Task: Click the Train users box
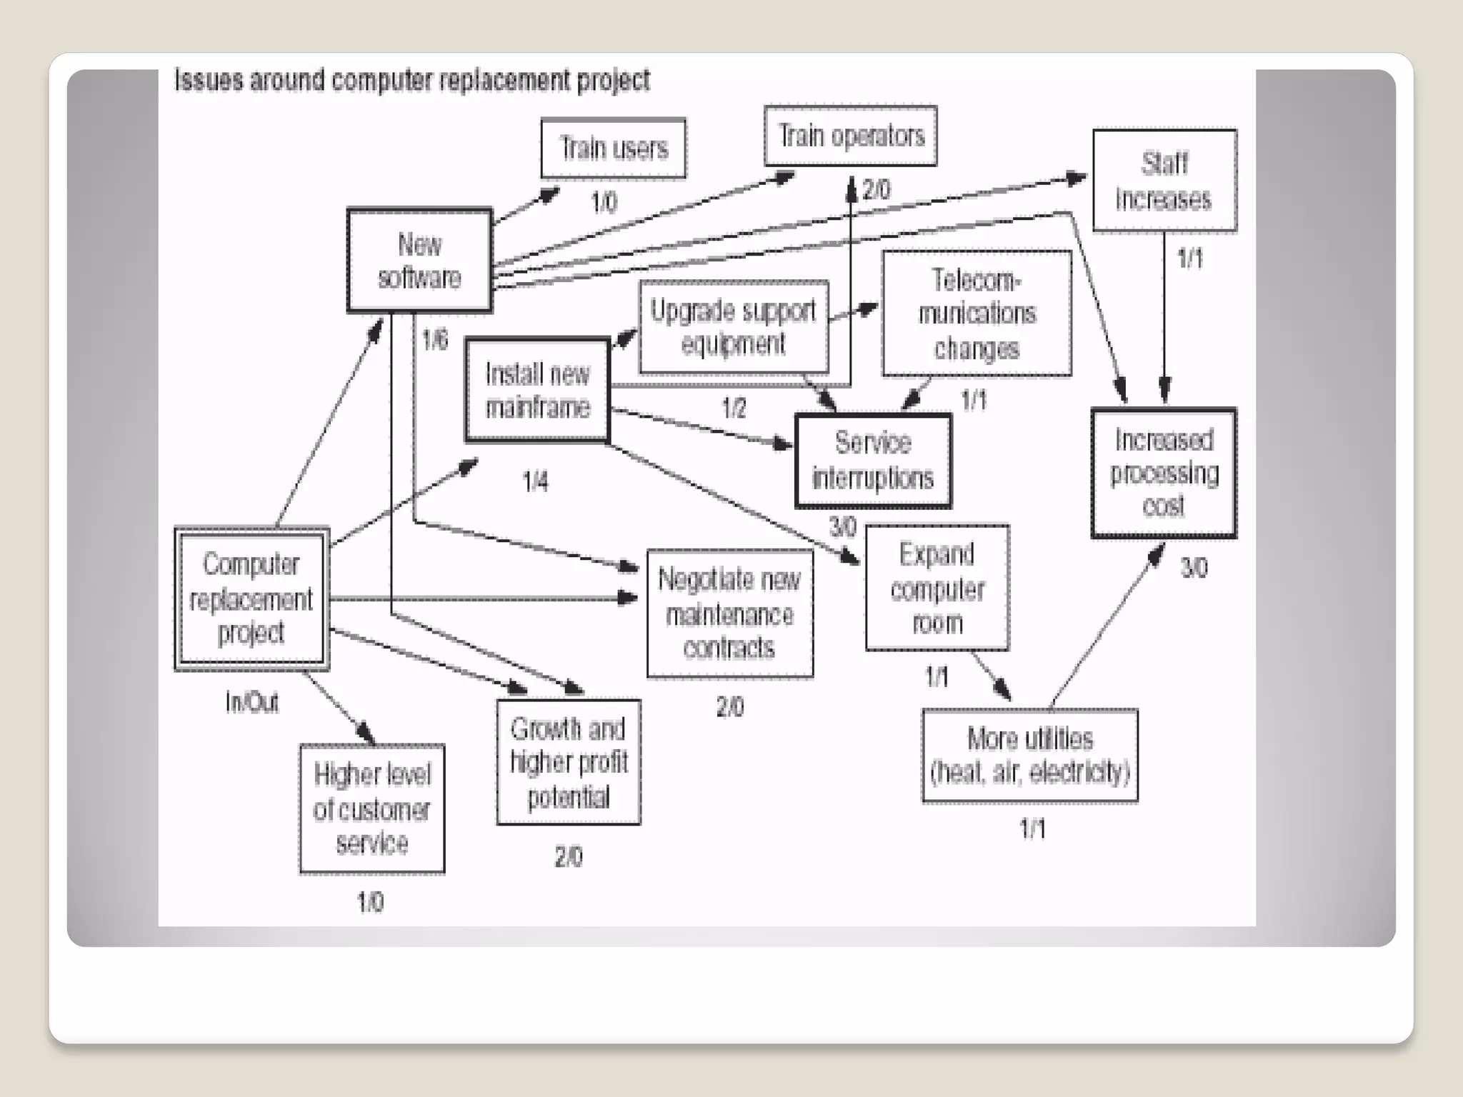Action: [614, 149]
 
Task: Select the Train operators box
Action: [851, 136]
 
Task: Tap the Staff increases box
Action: [1164, 181]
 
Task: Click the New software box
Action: [419, 261]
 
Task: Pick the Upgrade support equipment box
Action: [734, 327]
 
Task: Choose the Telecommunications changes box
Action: [977, 314]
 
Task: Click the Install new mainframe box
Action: [537, 390]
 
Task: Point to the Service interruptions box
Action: [873, 461]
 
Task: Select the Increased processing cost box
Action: [1164, 473]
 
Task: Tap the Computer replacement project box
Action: [251, 598]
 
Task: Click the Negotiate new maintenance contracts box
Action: [729, 613]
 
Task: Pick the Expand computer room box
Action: [937, 588]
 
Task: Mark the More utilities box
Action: [1029, 756]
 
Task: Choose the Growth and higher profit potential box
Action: [569, 762]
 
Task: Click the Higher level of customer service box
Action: [371, 809]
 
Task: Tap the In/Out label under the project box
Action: [251, 703]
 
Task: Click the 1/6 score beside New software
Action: [434, 339]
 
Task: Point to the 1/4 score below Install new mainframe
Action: [535, 482]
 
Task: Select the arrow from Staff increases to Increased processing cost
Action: [1164, 321]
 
